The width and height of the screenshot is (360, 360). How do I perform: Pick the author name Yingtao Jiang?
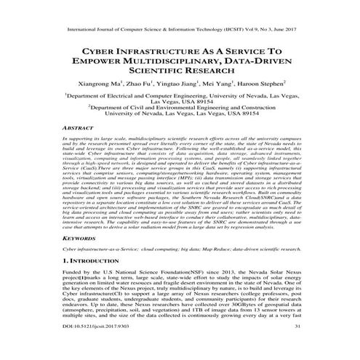167,84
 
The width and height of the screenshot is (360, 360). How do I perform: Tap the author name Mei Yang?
207,84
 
